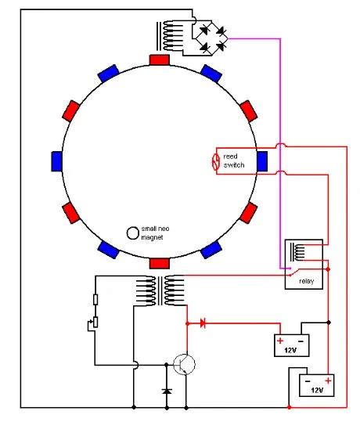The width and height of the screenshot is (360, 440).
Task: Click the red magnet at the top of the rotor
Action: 159,60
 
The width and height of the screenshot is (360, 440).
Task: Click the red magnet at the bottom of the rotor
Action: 159,263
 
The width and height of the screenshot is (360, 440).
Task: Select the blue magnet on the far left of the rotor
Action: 56,160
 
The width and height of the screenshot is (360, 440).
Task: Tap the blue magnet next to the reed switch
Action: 262,160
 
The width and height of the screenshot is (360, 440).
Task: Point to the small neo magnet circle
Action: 132,233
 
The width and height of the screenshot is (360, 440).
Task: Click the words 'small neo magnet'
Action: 154,233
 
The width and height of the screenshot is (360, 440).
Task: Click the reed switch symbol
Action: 218,162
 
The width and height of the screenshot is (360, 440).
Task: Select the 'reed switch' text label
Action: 235,161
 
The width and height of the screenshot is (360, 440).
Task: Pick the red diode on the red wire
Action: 203,322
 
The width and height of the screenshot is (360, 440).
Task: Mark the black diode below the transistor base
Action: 166,390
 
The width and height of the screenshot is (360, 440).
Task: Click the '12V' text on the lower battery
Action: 317,389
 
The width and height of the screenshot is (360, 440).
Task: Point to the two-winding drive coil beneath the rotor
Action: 159,291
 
